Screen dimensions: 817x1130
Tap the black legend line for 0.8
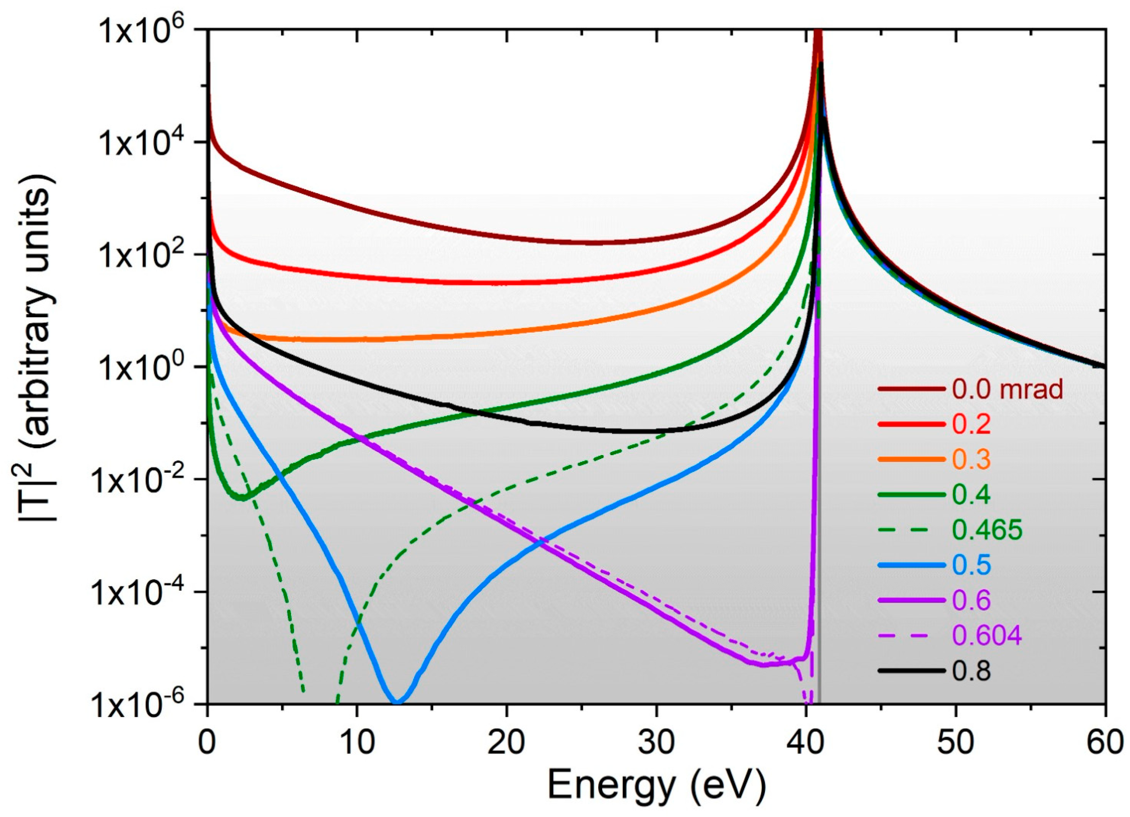911,671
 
